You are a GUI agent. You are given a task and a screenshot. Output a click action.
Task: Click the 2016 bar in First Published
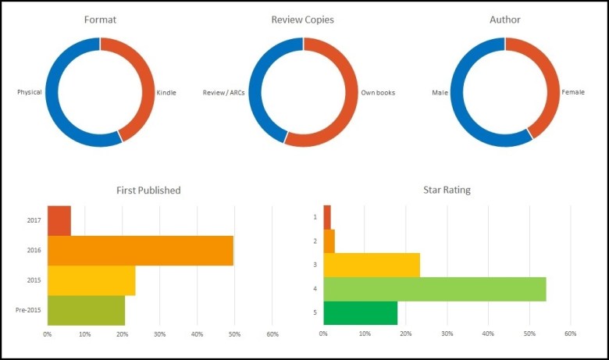click(x=141, y=250)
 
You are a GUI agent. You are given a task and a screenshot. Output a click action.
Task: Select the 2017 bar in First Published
click(x=59, y=220)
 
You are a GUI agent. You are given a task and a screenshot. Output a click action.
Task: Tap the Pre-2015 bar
click(x=86, y=310)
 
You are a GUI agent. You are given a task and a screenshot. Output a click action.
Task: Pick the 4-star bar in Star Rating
click(x=434, y=289)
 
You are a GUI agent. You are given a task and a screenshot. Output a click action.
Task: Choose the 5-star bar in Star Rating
click(x=360, y=312)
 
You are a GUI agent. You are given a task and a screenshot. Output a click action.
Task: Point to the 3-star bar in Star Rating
click(x=371, y=265)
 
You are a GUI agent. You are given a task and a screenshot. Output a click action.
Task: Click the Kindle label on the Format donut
click(x=166, y=92)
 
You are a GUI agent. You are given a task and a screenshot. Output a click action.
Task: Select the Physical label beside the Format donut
click(x=30, y=92)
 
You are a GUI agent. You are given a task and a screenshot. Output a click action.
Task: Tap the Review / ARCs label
click(x=224, y=92)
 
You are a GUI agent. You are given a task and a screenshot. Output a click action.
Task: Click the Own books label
click(x=378, y=92)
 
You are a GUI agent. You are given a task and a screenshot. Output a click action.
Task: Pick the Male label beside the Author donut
click(x=440, y=92)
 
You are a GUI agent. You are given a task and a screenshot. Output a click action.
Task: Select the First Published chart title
click(x=148, y=190)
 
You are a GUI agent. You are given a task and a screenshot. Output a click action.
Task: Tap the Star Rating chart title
click(x=446, y=190)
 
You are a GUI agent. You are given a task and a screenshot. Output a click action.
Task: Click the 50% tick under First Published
click(x=233, y=334)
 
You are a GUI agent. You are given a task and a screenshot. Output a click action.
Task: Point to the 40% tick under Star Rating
click(x=488, y=334)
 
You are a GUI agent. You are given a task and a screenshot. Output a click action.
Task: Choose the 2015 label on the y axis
click(x=34, y=280)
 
